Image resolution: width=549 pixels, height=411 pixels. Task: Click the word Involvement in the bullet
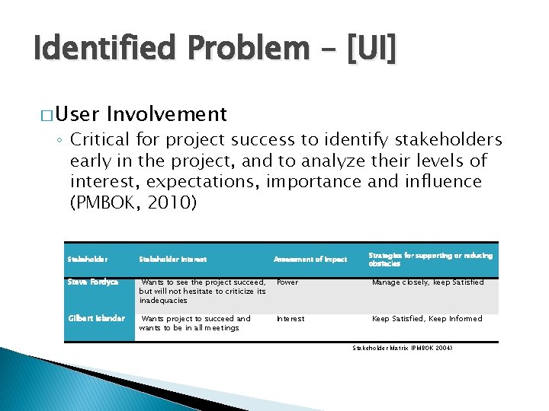167,114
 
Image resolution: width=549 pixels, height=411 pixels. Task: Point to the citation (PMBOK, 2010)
133,204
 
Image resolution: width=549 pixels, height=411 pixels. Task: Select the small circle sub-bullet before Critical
61,140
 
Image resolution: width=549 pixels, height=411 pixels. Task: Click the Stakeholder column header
86,260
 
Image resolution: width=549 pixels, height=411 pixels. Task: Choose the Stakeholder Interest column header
172,260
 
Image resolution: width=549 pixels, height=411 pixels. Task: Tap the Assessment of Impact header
310,260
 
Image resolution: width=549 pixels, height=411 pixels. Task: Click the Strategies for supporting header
430,260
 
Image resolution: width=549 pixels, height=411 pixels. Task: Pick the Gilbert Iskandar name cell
96,318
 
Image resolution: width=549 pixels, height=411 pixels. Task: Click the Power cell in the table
287,282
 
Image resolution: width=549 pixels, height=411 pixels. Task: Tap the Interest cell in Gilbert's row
290,319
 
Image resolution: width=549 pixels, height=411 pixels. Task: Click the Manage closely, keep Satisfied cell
427,282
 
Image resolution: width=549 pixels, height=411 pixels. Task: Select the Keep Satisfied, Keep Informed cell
426,319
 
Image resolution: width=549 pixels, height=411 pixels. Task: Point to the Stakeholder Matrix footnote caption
403,347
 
